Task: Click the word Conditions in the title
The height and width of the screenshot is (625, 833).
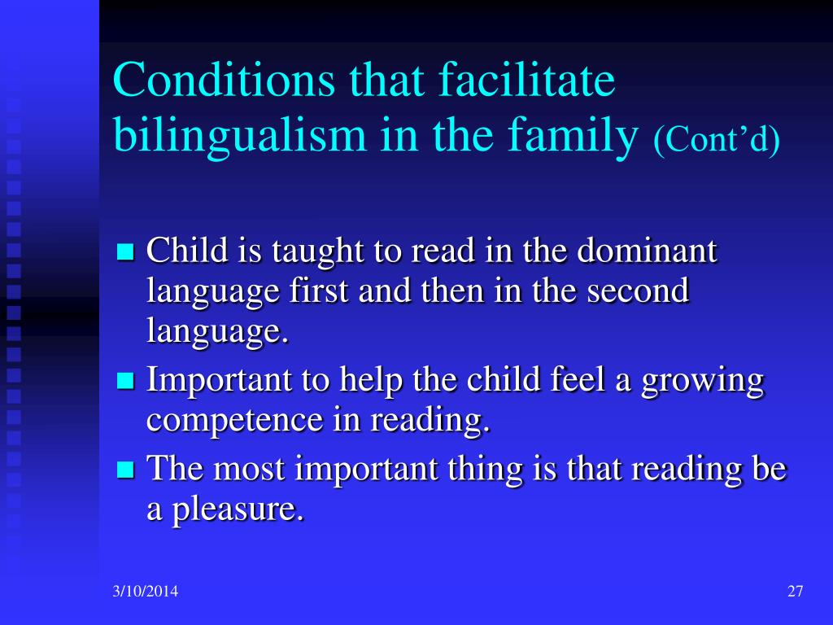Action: pos(225,79)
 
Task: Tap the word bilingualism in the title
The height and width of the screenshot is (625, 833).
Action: pos(240,135)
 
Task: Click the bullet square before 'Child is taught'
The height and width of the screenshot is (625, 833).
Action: pos(125,251)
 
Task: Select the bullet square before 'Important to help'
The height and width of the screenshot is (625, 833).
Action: pos(125,381)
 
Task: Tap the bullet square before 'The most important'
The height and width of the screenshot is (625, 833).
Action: pos(125,470)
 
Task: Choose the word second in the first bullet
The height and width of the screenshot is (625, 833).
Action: pos(638,291)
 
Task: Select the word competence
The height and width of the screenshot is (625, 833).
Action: pos(234,421)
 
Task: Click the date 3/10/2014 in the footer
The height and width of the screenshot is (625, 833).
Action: pos(145,592)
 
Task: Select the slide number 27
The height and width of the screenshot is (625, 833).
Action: pos(796,592)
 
